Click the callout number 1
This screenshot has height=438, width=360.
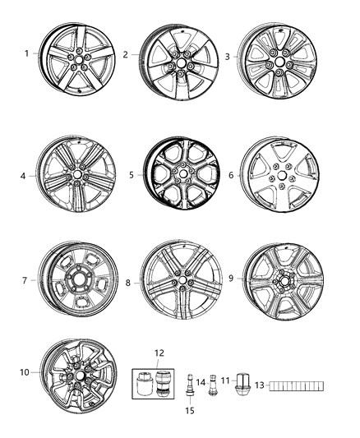click(27, 54)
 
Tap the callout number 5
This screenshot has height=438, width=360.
click(131, 174)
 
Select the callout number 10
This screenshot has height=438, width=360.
click(24, 373)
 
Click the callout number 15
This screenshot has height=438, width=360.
click(188, 410)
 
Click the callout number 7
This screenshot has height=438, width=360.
click(23, 281)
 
